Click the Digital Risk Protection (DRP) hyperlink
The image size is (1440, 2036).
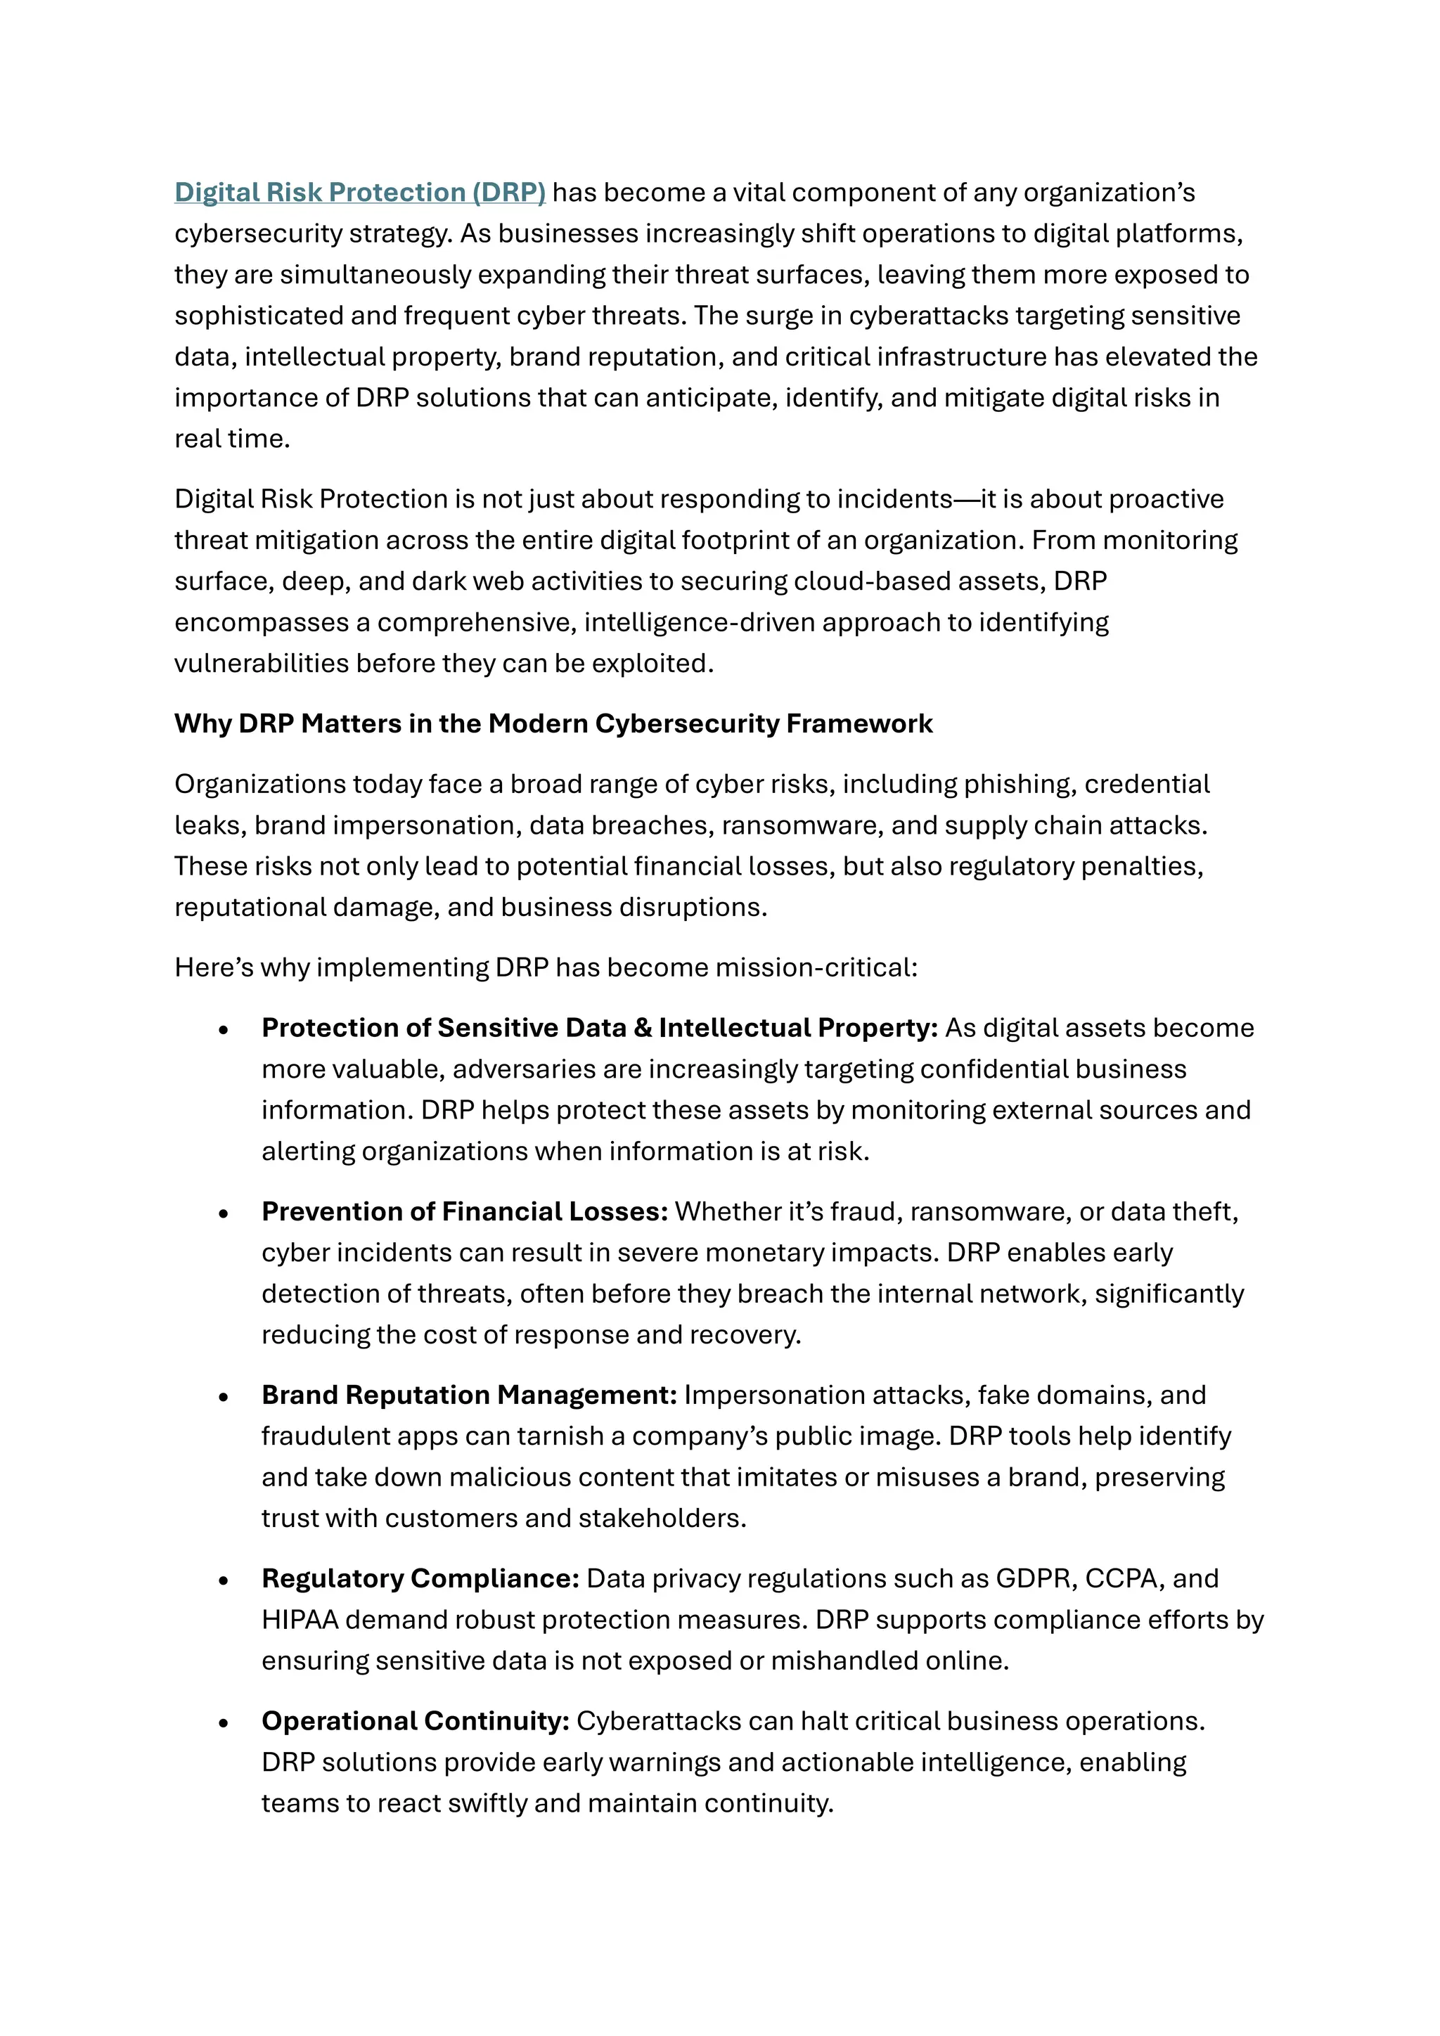pyautogui.click(x=359, y=193)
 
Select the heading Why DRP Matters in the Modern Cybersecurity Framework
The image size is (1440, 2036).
pyautogui.click(x=553, y=723)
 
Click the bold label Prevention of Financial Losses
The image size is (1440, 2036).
pyautogui.click(x=464, y=1211)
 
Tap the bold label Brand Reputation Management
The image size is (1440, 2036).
pyautogui.click(x=469, y=1395)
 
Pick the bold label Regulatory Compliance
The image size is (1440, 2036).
pyautogui.click(x=420, y=1578)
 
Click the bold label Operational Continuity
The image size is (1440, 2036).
pyautogui.click(x=415, y=1721)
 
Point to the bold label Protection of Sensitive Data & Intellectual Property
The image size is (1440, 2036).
pyautogui.click(x=599, y=1028)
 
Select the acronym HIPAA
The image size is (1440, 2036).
pyautogui.click(x=300, y=1620)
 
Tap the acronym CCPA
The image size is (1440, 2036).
pyautogui.click(x=1123, y=1578)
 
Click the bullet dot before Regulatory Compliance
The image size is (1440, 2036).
pyautogui.click(x=224, y=1580)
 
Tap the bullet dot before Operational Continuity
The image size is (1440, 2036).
pyautogui.click(x=224, y=1723)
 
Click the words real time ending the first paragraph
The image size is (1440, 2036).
pyautogui.click(x=231, y=439)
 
